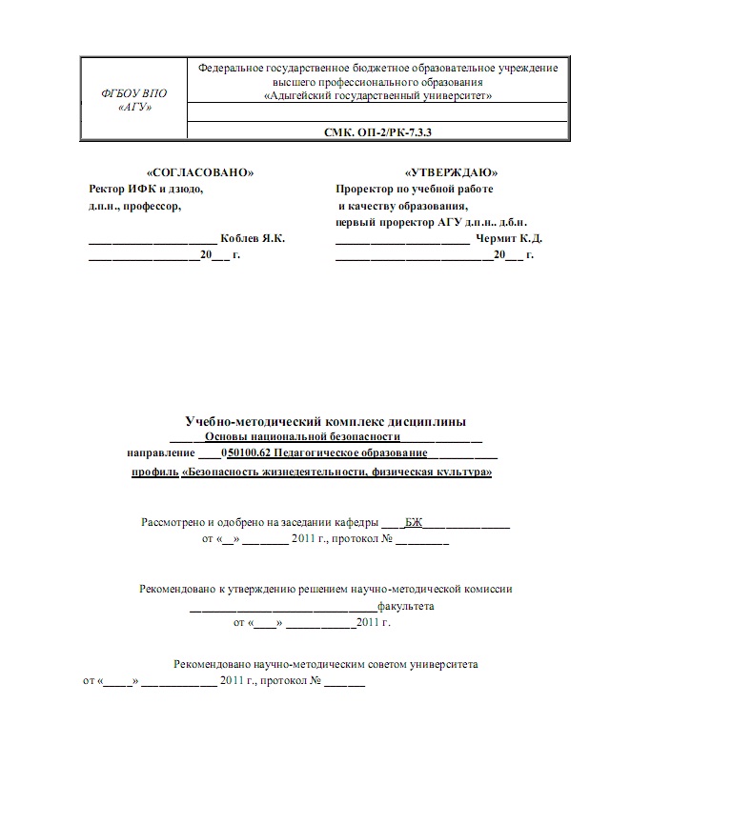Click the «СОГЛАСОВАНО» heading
199,172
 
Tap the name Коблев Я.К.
253,238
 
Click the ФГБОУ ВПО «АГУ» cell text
133,100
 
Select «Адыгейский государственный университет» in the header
377,96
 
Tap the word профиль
154,471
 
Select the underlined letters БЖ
413,522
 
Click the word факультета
406,606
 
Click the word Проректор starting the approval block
363,189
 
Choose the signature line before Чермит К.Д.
401,240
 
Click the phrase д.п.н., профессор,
133,205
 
